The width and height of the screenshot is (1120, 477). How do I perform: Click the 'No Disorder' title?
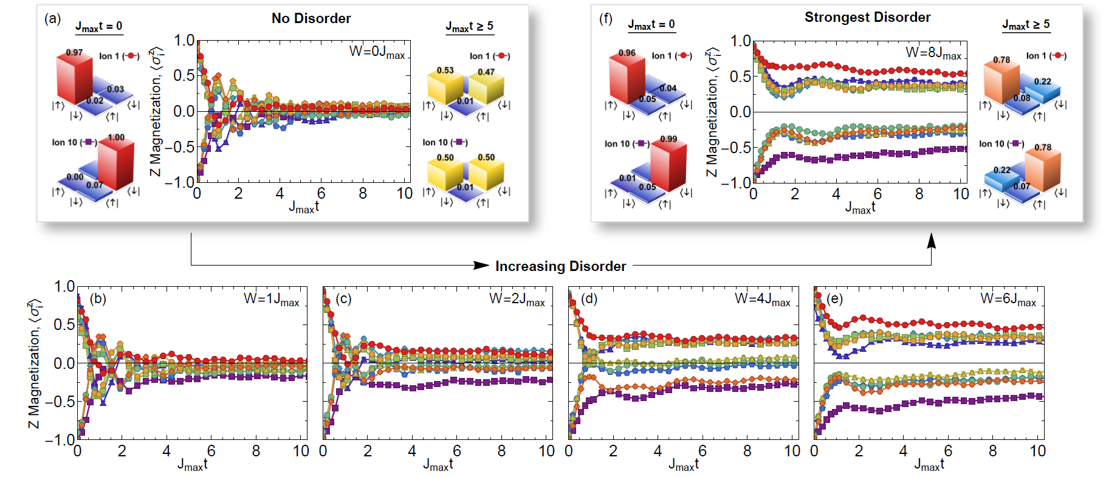tap(311, 18)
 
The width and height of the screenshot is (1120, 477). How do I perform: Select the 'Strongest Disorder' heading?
tap(867, 17)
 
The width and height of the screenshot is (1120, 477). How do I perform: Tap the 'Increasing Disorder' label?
tap(560, 266)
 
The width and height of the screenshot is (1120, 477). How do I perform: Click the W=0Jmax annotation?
tap(377, 52)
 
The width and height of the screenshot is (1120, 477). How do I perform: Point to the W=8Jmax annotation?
tap(933, 53)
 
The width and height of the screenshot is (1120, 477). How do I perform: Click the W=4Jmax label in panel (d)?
tap(763, 300)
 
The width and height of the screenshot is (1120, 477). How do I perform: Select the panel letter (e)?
tap(834, 298)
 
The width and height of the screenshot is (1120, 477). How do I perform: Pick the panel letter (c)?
tap(343, 298)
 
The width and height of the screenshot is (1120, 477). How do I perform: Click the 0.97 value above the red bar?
tap(74, 52)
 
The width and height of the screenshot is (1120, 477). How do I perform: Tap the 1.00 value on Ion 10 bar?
tap(116, 137)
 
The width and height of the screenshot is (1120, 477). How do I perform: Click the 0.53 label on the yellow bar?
tap(445, 70)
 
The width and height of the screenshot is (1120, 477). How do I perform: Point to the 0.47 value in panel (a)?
tap(486, 72)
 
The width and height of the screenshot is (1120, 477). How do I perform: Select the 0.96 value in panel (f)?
tap(627, 53)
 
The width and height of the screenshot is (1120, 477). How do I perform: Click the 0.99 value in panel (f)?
tap(668, 139)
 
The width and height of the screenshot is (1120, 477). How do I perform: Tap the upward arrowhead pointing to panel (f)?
tap(931, 241)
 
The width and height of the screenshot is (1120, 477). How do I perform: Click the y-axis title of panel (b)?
tap(35, 363)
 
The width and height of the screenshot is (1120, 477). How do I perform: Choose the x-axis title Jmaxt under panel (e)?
tap(929, 465)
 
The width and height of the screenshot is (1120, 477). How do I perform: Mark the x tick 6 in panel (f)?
tap(878, 194)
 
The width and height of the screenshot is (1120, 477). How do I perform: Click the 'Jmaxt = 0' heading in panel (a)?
tap(98, 26)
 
